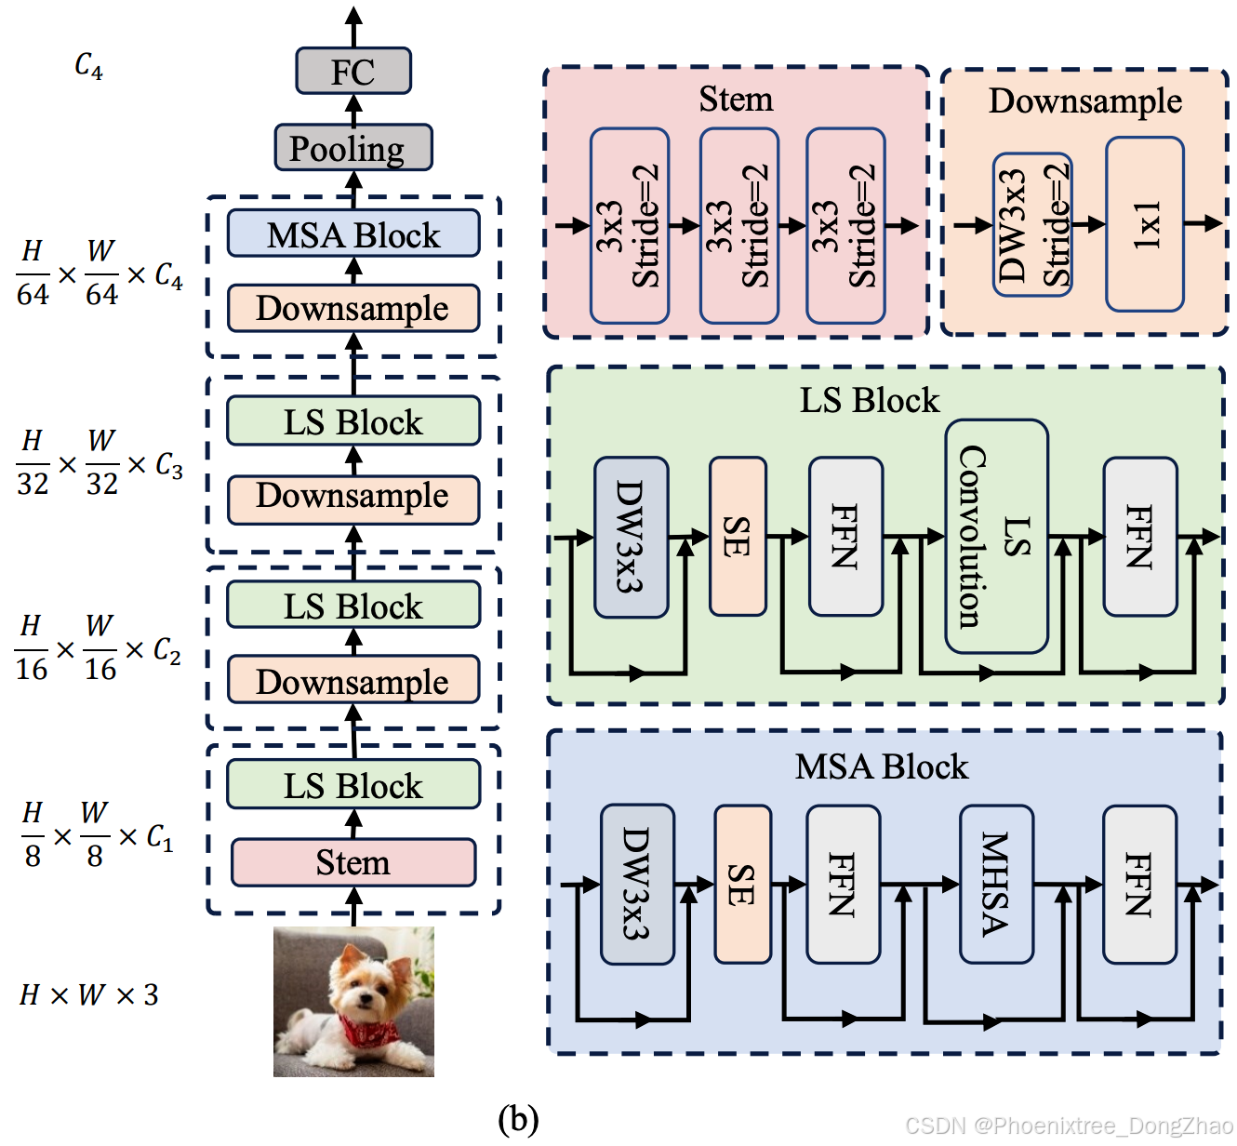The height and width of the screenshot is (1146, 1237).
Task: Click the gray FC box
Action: [353, 72]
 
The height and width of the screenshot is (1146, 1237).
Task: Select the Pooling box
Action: [353, 148]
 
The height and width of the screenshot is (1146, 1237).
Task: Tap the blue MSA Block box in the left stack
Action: [353, 234]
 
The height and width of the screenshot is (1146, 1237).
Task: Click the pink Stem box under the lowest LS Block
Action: [353, 862]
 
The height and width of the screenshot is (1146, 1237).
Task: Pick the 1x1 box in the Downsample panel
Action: [1144, 224]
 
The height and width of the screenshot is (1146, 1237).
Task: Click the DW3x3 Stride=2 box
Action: [1032, 225]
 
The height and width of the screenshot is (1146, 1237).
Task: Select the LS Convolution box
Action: [996, 536]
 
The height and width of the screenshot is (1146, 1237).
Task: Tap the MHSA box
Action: [996, 884]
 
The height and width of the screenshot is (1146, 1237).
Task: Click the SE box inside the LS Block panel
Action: [738, 537]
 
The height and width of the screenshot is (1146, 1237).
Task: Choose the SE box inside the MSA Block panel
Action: [742, 884]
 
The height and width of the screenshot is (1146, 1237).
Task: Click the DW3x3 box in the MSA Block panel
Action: [637, 884]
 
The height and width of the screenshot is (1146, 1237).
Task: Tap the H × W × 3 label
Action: [89, 995]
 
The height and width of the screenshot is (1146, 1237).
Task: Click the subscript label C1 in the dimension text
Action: [160, 838]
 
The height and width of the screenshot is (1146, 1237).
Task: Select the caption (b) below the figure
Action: [518, 1118]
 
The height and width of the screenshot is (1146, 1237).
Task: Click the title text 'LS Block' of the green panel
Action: [870, 401]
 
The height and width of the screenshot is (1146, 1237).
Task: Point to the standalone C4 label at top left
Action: [89, 65]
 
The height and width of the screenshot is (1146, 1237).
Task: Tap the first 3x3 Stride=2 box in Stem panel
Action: [630, 226]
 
